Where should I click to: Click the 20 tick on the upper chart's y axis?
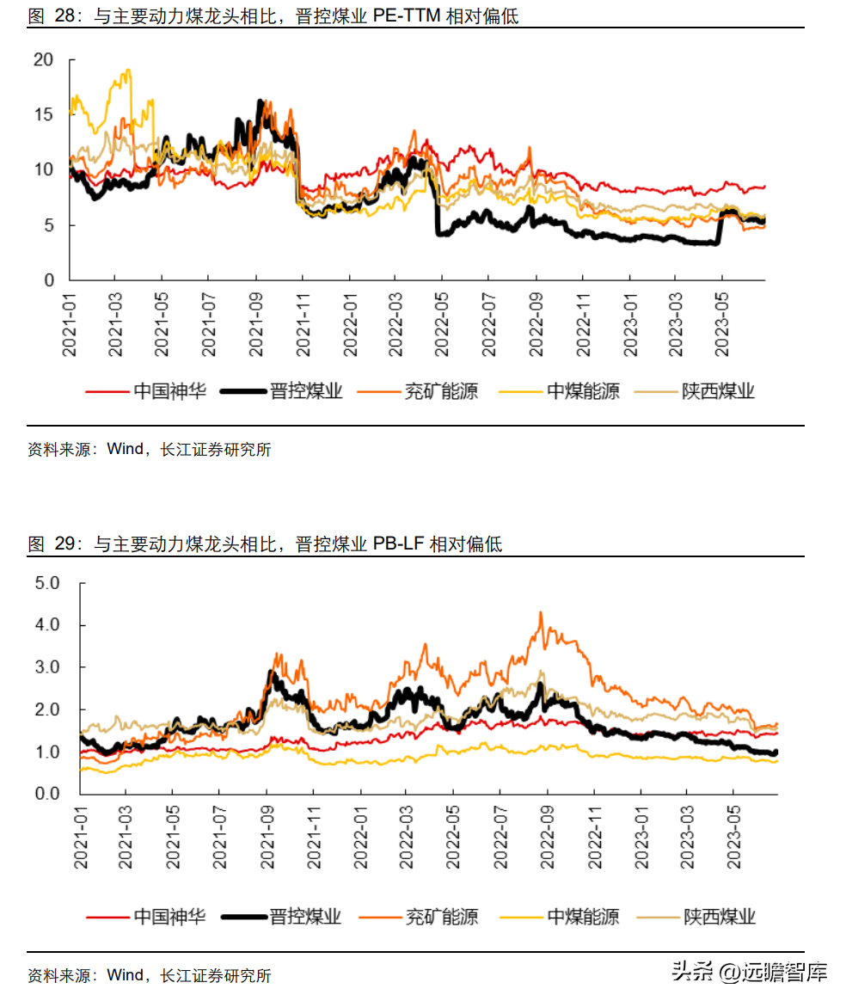pos(43,60)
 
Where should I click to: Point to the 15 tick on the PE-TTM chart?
pos(43,115)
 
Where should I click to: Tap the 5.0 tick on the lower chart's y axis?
pos(47,583)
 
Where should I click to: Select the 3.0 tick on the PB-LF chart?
pos(47,667)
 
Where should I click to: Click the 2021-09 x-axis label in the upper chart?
pos(255,324)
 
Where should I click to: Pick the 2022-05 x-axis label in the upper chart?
pos(442,324)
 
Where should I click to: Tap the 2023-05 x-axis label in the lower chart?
pos(733,837)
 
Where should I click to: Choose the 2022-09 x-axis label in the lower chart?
pos(548,837)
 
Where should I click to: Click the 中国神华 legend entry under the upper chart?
pos(146,390)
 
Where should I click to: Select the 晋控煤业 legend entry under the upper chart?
pos(281,390)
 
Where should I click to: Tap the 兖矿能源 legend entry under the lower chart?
pos(419,917)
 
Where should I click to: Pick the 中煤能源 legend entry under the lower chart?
pos(560,917)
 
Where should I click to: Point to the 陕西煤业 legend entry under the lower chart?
pos(696,917)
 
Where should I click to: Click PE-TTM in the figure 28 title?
pos(407,16)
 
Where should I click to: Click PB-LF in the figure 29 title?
pos(399,543)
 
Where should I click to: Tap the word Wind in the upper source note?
pos(125,449)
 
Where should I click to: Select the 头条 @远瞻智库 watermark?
pos(750,972)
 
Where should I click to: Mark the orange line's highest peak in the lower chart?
pos(541,613)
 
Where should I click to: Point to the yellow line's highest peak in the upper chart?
pos(129,71)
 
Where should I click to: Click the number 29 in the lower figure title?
pos(64,543)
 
